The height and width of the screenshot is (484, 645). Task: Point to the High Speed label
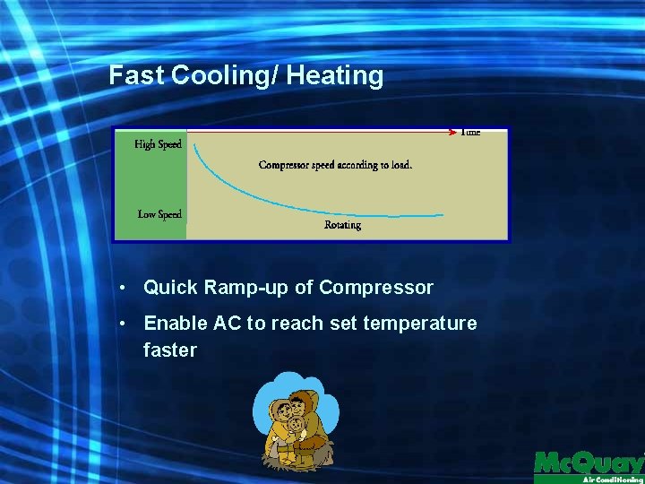pyautogui.click(x=158, y=144)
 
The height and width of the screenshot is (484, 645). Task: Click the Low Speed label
pyautogui.click(x=159, y=214)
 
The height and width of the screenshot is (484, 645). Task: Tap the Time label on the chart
pyautogui.click(x=470, y=133)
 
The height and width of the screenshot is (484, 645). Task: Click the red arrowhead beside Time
pyautogui.click(x=452, y=133)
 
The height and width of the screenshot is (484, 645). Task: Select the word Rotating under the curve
pyautogui.click(x=343, y=225)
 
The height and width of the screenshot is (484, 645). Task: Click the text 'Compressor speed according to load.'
pyautogui.click(x=335, y=165)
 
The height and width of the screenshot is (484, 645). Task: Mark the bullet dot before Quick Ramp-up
pyautogui.click(x=124, y=289)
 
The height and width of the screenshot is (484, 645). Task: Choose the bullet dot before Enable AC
pyautogui.click(x=124, y=324)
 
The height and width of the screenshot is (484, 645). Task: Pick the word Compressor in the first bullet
pyautogui.click(x=376, y=289)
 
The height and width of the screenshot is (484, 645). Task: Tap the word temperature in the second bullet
pyautogui.click(x=420, y=324)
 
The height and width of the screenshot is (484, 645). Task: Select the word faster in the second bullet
pyautogui.click(x=169, y=350)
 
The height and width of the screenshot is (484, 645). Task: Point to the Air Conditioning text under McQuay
pyautogui.click(x=612, y=480)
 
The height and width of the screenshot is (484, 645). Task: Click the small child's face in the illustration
pyautogui.click(x=295, y=423)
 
